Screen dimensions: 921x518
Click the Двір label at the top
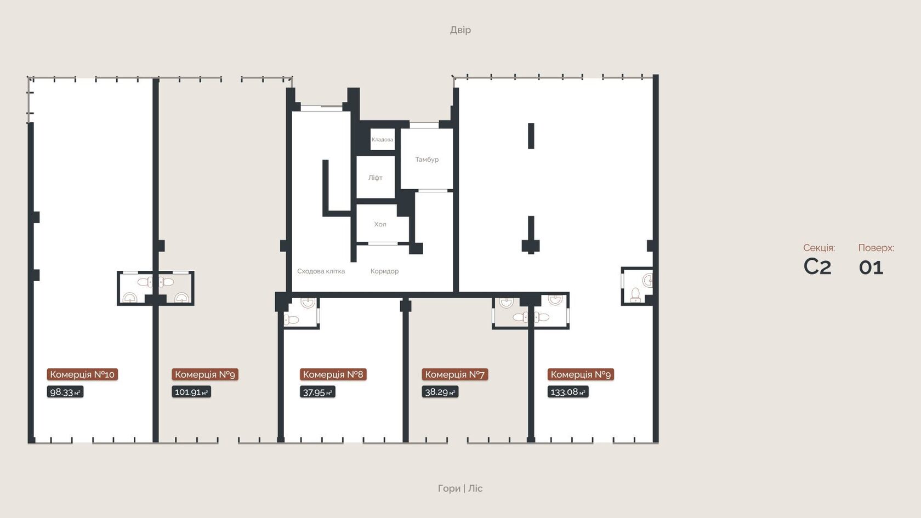coord(461,30)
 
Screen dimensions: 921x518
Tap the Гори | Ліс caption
coord(460,488)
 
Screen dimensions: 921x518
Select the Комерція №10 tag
coord(82,374)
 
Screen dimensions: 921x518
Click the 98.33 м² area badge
coord(65,392)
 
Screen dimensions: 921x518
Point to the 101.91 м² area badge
coord(191,392)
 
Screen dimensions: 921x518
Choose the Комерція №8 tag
coord(333,374)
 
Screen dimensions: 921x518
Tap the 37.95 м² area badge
coord(317,392)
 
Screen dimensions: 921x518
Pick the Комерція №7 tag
coord(455,374)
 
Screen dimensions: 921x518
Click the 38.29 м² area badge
coord(440,392)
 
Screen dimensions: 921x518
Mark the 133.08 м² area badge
coord(568,392)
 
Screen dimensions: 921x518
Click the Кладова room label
coord(383,139)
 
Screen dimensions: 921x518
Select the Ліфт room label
coord(376,178)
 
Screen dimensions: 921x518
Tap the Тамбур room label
coord(427,160)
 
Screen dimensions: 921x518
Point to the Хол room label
coord(380,224)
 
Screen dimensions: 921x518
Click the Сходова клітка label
coord(321,271)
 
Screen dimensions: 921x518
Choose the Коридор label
coord(384,271)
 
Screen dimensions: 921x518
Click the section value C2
coord(817,267)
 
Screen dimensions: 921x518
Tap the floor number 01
coord(871,267)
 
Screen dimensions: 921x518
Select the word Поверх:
coord(876,248)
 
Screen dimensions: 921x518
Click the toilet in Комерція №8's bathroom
coord(292,320)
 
